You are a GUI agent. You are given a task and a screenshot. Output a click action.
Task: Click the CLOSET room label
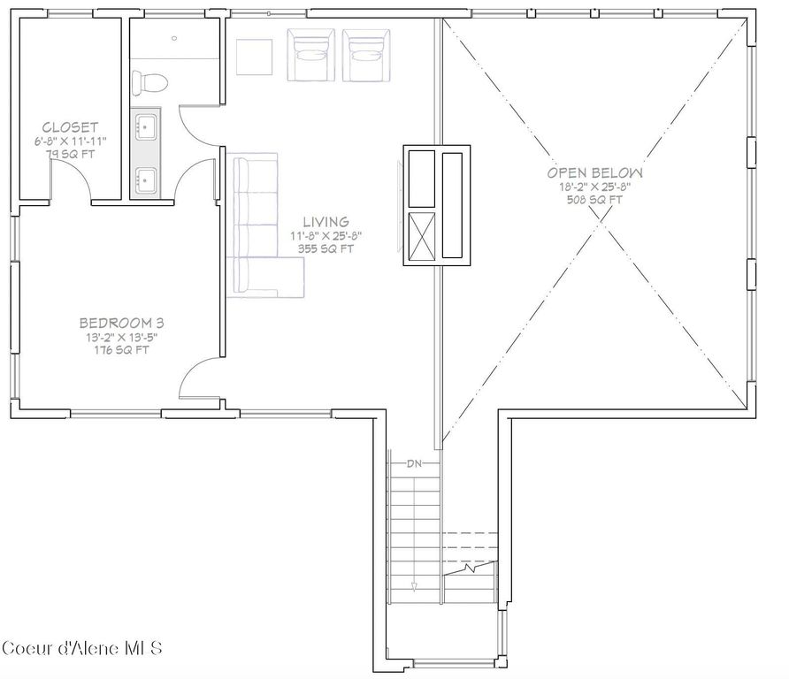(70, 127)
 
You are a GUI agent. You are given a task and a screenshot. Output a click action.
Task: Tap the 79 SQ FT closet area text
(70, 154)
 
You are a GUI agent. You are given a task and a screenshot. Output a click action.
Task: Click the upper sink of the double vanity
(146, 126)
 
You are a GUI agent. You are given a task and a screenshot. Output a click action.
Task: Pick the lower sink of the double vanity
(146, 180)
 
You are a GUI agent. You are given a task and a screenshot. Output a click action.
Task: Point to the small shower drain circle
(174, 39)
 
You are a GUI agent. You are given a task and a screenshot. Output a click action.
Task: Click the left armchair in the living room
(310, 56)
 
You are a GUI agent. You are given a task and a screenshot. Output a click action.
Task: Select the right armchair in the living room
(364, 56)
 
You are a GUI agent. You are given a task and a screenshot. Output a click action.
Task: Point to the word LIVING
(326, 222)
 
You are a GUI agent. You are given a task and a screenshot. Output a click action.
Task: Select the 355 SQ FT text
(326, 248)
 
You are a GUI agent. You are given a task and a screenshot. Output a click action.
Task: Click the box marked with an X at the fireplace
(420, 236)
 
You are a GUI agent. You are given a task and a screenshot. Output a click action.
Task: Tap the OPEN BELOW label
(594, 173)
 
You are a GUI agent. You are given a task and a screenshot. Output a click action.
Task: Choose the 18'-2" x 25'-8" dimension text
(594, 187)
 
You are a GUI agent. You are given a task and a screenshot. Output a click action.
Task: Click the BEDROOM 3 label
(121, 323)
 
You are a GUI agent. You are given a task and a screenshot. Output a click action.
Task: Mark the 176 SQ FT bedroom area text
(121, 349)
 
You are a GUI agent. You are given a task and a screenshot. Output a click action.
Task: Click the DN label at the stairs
(414, 463)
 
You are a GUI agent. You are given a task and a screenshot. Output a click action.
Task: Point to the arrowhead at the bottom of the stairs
(414, 585)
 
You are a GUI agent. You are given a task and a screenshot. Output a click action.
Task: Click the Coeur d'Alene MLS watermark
(82, 648)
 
